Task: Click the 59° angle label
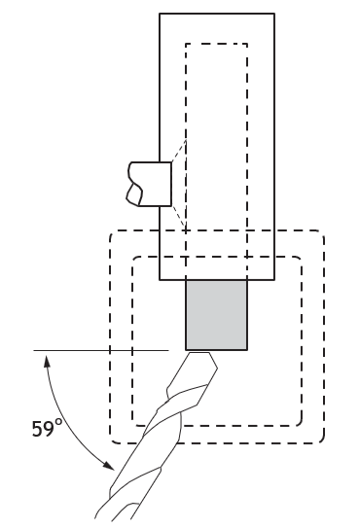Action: pyautogui.click(x=47, y=428)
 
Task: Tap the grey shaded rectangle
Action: pyautogui.click(x=216, y=314)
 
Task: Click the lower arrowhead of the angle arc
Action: pyautogui.click(x=109, y=466)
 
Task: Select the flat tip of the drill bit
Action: pyautogui.click(x=199, y=353)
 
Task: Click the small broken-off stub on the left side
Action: pyautogui.click(x=149, y=184)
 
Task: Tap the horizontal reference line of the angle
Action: pyautogui.click(x=101, y=350)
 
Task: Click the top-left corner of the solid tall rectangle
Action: pyautogui.click(x=160, y=14)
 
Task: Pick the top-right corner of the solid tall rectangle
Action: pyautogui.click(x=274, y=14)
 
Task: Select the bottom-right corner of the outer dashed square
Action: pyautogui.click(x=324, y=442)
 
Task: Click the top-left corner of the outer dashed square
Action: pyautogui.click(x=110, y=231)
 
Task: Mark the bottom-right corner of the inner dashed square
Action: pyautogui.click(x=302, y=425)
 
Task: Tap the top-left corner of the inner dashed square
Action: pyautogui.click(x=133, y=258)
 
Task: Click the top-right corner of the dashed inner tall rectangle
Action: pyautogui.click(x=247, y=44)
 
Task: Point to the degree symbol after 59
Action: pyautogui.click(x=58, y=422)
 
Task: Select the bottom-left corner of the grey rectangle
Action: pyautogui.click(x=186, y=350)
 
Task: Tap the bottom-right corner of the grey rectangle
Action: pyautogui.click(x=247, y=350)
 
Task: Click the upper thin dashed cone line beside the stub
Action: pyautogui.click(x=179, y=151)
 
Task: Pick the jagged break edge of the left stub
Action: pyautogui.click(x=133, y=184)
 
